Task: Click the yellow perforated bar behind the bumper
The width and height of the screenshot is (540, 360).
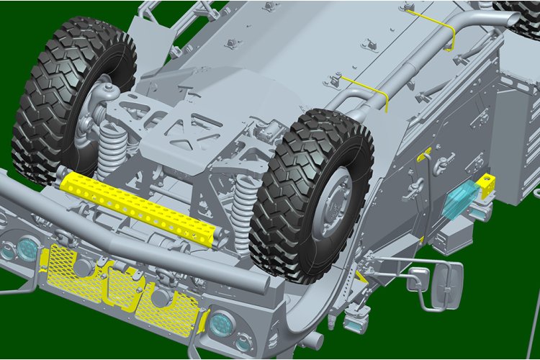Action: tap(137, 205)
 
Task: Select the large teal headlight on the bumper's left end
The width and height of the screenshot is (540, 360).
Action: tap(27, 248)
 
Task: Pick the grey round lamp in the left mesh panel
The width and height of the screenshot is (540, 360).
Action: tap(83, 267)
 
